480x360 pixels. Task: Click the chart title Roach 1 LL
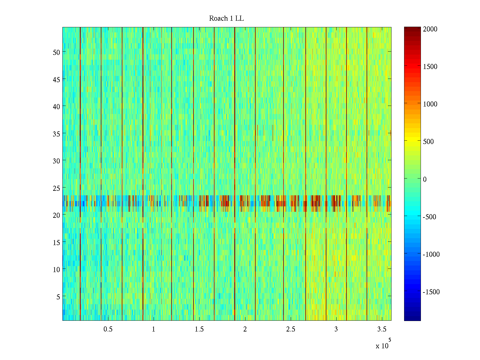tap(226, 19)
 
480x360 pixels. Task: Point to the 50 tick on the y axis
tap(56, 52)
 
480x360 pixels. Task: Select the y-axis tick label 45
tap(56, 79)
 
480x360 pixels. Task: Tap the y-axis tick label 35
tap(56, 134)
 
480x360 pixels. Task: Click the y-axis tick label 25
tap(56, 188)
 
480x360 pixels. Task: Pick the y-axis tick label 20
tap(56, 215)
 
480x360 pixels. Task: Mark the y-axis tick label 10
tap(56, 270)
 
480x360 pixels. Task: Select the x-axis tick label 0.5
tap(108, 329)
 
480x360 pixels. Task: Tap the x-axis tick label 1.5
tap(199, 329)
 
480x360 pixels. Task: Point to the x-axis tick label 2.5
tap(290, 329)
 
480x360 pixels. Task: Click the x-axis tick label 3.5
tap(382, 329)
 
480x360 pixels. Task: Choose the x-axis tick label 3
tap(336, 329)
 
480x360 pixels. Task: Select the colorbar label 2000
tap(430, 29)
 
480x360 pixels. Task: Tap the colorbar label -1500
tap(431, 292)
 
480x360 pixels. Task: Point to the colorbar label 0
tap(424, 179)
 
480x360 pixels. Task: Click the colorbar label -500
tap(429, 217)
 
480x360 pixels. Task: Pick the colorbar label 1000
tap(430, 104)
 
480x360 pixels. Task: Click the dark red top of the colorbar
tap(412, 29)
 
